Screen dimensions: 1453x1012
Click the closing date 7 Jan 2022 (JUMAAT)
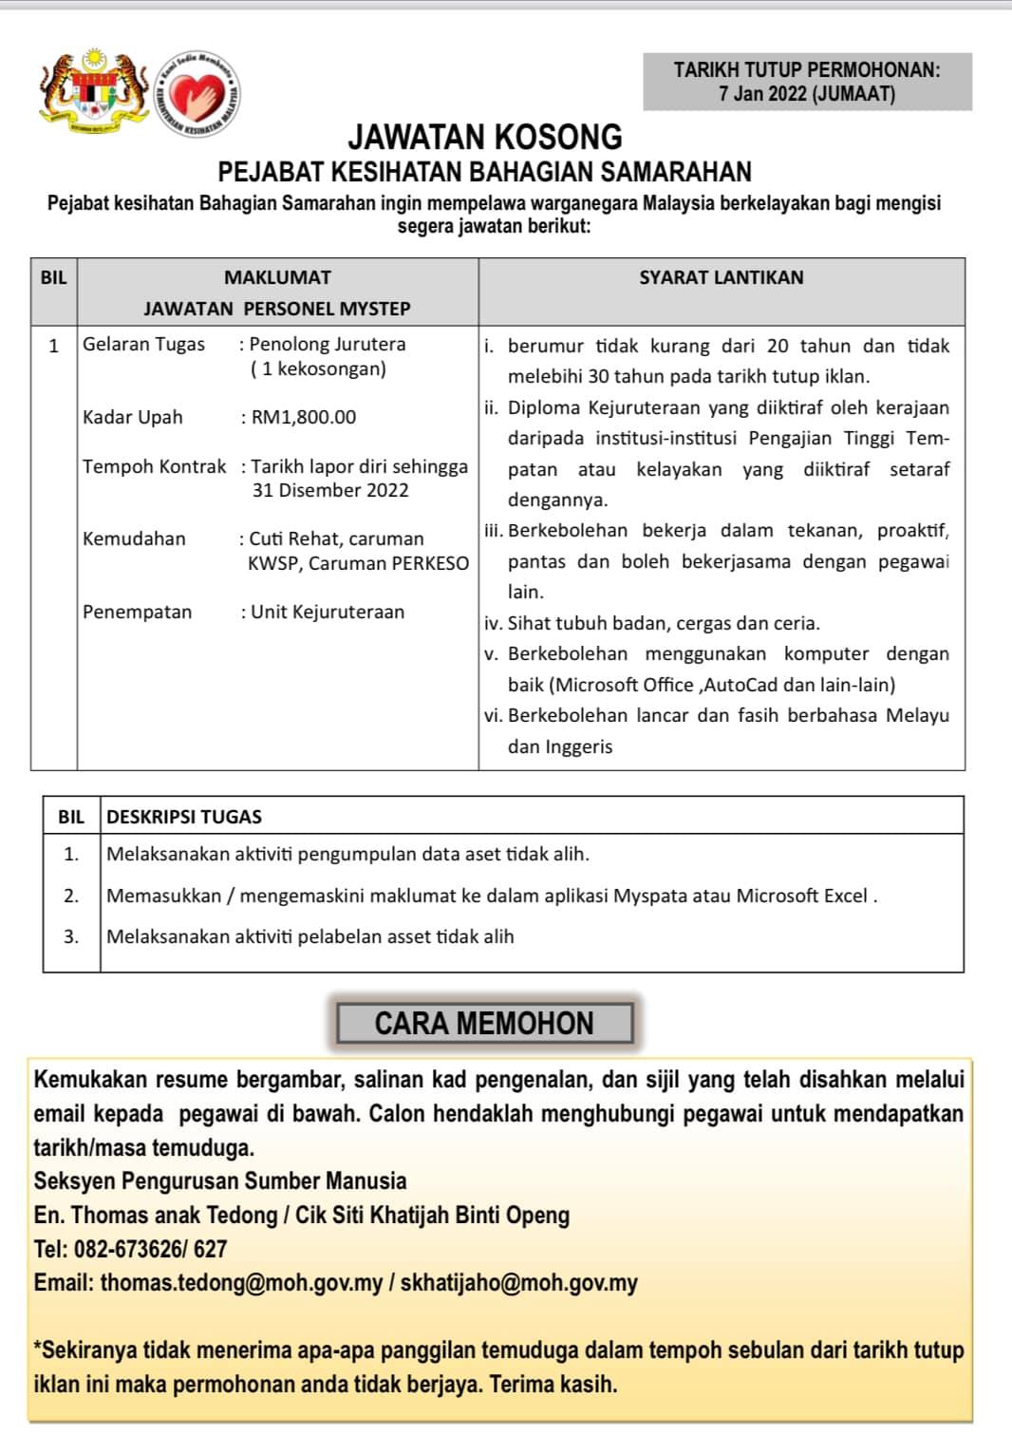pyautogui.click(x=807, y=94)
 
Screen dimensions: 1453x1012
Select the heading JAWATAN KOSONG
pyautogui.click(x=484, y=138)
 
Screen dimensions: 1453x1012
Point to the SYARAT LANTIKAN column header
pyautogui.click(x=721, y=277)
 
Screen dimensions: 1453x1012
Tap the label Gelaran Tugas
pyautogui.click(x=143, y=344)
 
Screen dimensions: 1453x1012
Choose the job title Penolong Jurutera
pyautogui.click(x=328, y=344)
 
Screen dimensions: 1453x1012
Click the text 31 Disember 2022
pyautogui.click(x=330, y=490)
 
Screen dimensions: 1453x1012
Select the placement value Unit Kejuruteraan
pyautogui.click(x=328, y=612)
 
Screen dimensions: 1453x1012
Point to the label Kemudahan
pyautogui.click(x=134, y=538)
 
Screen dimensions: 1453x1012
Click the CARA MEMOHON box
pyautogui.click(x=484, y=1024)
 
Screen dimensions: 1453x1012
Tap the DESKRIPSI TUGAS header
pyautogui.click(x=184, y=817)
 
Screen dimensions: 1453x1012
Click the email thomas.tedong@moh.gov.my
pyautogui.click(x=241, y=1283)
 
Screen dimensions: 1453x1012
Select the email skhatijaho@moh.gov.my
pyautogui.click(x=518, y=1283)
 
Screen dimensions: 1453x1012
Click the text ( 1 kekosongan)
pyautogui.click(x=319, y=368)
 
